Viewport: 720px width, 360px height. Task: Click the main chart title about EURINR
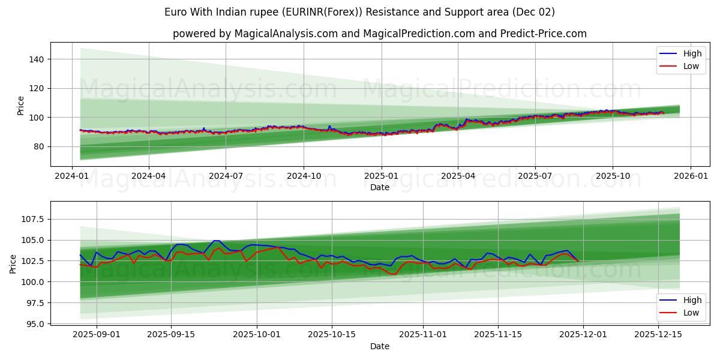[359, 12]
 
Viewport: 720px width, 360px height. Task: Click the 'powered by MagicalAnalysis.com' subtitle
[379, 34]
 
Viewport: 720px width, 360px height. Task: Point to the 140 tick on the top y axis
[37, 59]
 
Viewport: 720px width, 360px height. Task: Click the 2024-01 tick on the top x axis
[72, 176]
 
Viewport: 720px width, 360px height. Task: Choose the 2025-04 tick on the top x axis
[458, 176]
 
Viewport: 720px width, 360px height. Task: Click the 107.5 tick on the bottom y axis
[31, 219]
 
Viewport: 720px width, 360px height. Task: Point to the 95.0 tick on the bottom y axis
[34, 323]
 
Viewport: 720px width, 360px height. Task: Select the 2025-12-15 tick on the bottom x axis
[658, 334]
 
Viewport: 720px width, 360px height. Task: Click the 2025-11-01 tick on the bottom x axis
[422, 334]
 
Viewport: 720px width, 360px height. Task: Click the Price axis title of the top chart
[20, 106]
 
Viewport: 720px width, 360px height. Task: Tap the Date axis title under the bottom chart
[379, 346]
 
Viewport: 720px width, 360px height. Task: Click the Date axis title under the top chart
[379, 187]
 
